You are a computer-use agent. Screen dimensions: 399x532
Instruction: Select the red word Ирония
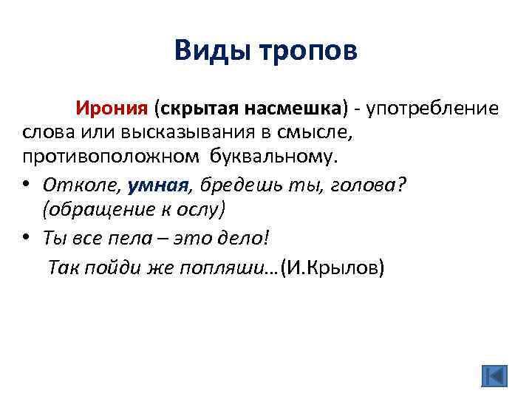pyautogui.click(x=110, y=109)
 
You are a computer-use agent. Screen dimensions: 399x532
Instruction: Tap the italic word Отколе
pyautogui.click(x=82, y=183)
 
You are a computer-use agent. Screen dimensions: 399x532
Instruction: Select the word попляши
pyautogui.click(x=224, y=267)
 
